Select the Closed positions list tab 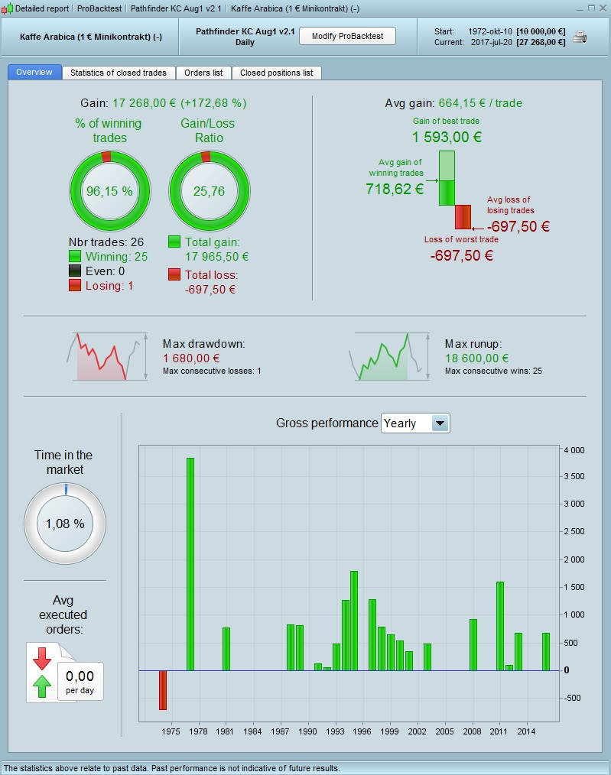click(x=276, y=73)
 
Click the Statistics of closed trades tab click(x=119, y=73)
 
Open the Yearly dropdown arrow click(x=440, y=423)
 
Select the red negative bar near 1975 click(x=163, y=690)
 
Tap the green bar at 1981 click(x=226, y=649)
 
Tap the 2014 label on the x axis click(x=526, y=731)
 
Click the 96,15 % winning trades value click(x=109, y=191)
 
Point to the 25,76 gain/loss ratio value click(x=209, y=191)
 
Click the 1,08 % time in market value click(x=65, y=524)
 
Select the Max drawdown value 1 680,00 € click(x=191, y=358)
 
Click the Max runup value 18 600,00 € click(x=476, y=358)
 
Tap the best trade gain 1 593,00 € click(x=447, y=138)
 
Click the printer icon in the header click(x=580, y=36)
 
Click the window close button click(x=602, y=8)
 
